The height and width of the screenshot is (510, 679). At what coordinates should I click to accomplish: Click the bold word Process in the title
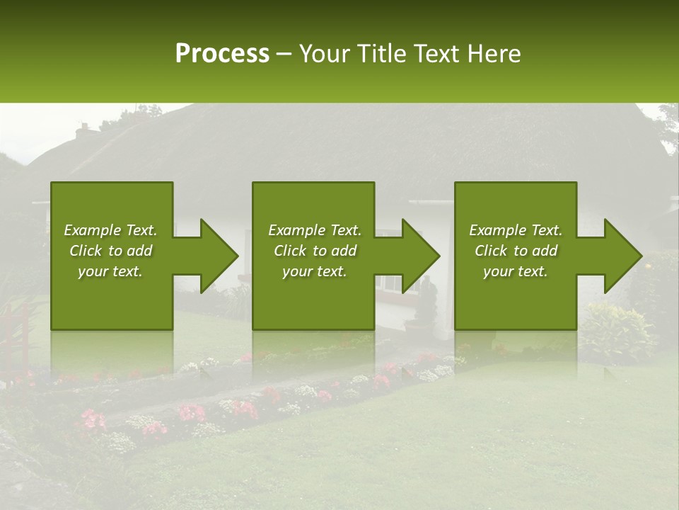click(222, 54)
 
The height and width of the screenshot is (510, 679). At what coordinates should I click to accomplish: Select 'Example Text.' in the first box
click(110, 230)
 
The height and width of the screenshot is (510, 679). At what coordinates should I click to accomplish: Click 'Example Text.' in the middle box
click(315, 230)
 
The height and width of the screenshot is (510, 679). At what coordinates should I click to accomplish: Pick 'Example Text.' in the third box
click(516, 230)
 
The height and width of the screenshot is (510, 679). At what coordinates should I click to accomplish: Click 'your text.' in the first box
click(110, 271)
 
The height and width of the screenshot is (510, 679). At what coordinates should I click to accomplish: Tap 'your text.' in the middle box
click(315, 271)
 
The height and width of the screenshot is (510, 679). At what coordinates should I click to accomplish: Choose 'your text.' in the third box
click(516, 271)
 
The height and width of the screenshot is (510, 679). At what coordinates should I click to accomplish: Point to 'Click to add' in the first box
click(110, 251)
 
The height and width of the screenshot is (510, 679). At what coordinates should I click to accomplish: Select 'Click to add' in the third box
click(516, 251)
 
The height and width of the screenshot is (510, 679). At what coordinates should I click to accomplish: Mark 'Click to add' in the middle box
click(315, 251)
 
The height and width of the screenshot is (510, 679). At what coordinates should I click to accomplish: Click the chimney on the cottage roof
click(83, 131)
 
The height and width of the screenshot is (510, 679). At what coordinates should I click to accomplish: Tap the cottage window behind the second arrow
click(388, 282)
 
